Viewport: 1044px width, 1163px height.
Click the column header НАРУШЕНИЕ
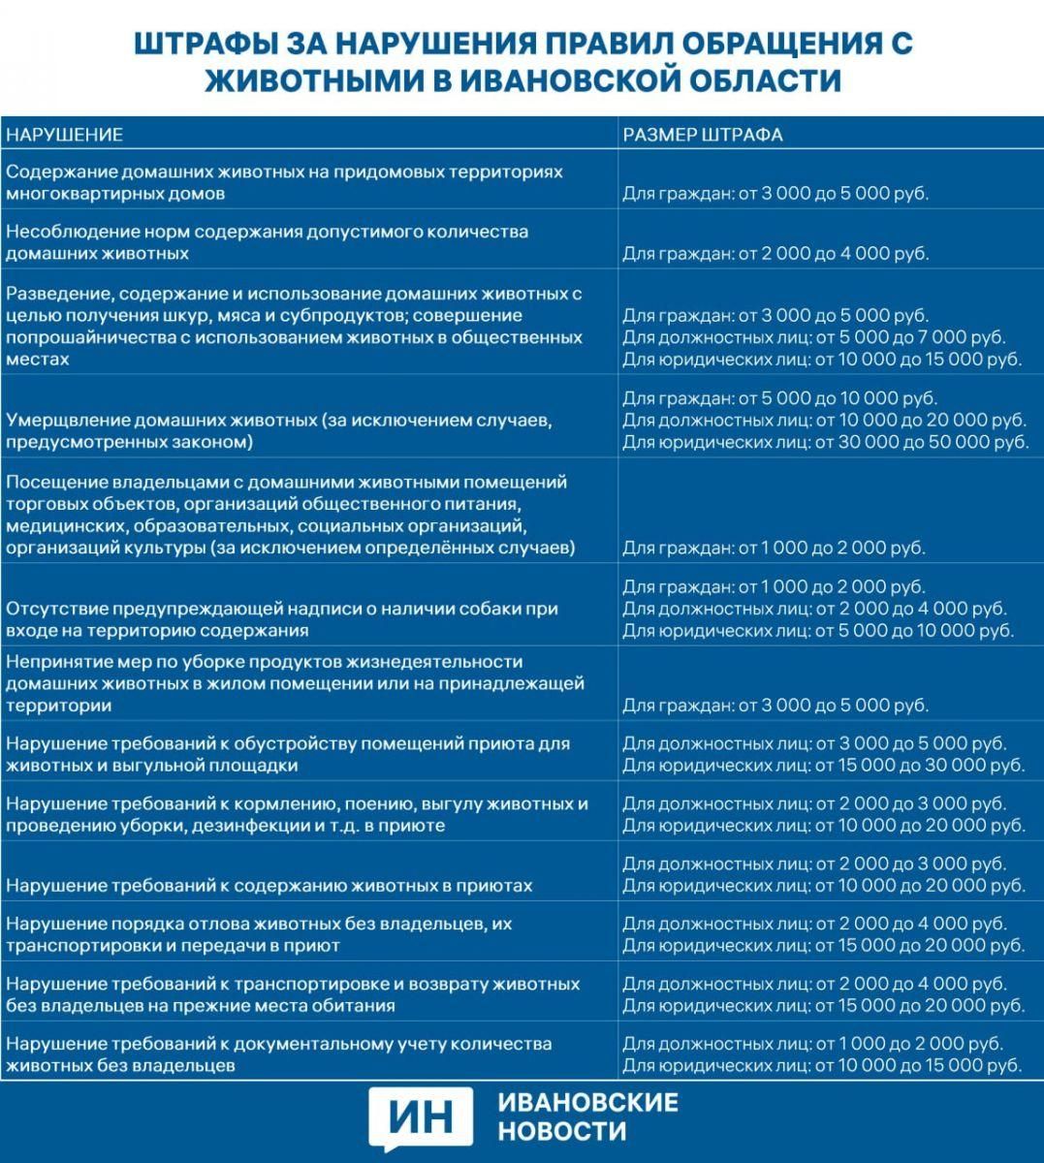pos(64,135)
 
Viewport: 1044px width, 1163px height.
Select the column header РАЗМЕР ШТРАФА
pos(702,135)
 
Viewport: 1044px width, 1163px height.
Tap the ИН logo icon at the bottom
pos(422,1118)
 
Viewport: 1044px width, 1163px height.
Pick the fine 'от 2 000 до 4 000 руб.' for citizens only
pos(775,254)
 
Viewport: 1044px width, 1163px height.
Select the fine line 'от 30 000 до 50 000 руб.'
pos(825,442)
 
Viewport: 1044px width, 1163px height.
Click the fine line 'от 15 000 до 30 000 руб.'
pos(823,766)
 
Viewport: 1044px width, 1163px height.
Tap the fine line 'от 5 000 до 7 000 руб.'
pos(813,337)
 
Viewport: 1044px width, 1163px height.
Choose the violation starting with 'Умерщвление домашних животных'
pos(279,431)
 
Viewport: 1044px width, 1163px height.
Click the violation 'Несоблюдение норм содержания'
pos(267,242)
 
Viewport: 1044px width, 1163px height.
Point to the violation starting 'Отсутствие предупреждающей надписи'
pos(282,619)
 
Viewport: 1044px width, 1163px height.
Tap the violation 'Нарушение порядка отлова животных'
pos(259,934)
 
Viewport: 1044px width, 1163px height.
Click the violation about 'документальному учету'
pos(278,1054)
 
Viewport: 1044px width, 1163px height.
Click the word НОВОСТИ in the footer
pos(562,1131)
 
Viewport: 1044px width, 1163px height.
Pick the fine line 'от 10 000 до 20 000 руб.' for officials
pos(824,421)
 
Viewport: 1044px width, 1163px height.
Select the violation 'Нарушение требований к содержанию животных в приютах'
pos(269,886)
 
